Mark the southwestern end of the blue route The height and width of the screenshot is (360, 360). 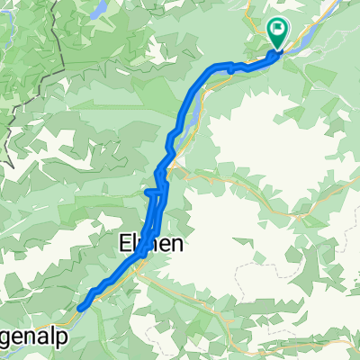click(x=81, y=306)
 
